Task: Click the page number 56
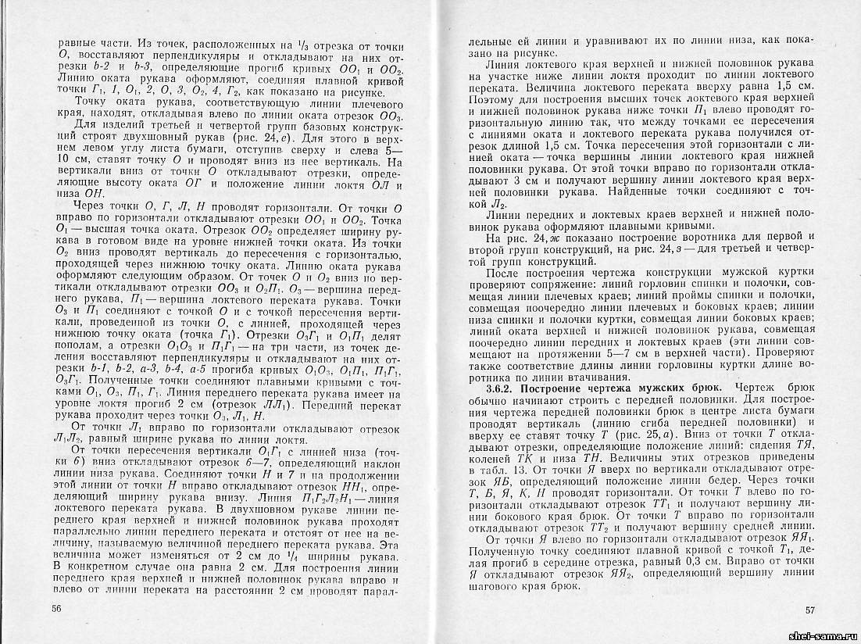tap(55, 609)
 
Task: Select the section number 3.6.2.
tap(501, 389)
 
